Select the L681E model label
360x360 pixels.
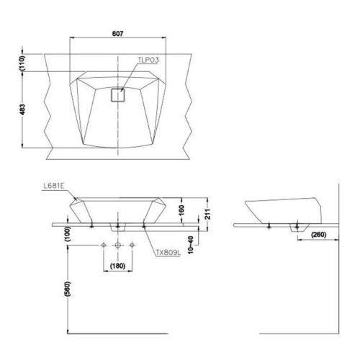click(54, 186)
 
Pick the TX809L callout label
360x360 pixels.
click(166, 253)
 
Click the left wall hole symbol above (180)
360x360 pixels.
click(104, 246)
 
